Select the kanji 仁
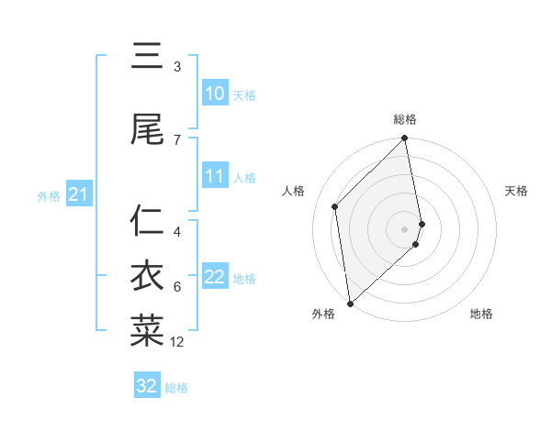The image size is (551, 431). coord(147,221)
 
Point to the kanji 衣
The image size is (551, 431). coord(147,276)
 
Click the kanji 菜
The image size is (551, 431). coord(147,331)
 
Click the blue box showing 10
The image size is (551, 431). coord(215,94)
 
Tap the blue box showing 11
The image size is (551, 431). coord(215,176)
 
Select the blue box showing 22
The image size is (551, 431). coord(215,277)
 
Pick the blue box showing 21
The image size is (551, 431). coord(78,194)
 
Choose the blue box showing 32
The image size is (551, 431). coord(147,386)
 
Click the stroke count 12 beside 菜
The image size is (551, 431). coord(177,342)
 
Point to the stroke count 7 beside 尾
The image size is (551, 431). coord(177,139)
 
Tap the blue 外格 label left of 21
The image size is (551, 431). coord(48,195)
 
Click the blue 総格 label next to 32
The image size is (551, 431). coord(176,388)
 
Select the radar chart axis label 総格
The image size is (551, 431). coord(405,119)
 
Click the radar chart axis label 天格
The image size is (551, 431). coord(516,191)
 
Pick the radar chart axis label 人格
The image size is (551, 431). coord(295,191)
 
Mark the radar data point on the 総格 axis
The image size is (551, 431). coord(405,138)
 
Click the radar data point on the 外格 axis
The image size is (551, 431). coord(350,304)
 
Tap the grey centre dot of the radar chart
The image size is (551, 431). coord(405,228)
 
